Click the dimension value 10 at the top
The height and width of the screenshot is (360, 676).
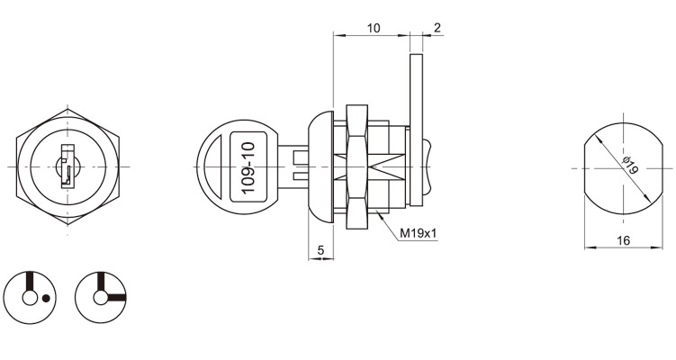374,28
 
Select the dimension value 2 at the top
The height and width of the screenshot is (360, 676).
437,28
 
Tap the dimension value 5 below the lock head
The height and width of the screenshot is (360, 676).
320,249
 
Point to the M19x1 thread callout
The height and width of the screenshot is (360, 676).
419,233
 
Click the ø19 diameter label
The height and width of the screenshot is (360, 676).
630,165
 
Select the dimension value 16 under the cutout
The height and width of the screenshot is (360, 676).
624,240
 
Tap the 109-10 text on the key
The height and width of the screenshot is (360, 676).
249,167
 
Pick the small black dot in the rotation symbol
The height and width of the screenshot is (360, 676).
46,298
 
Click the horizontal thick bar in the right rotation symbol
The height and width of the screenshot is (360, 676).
116,297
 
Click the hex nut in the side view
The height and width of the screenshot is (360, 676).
357,166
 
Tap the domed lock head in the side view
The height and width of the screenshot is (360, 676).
320,166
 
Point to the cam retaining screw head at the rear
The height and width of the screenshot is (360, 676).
428,166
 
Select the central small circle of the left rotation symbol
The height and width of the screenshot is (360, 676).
30,298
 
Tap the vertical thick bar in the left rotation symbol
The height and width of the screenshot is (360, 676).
30,282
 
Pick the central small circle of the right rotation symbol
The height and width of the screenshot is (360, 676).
100,298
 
